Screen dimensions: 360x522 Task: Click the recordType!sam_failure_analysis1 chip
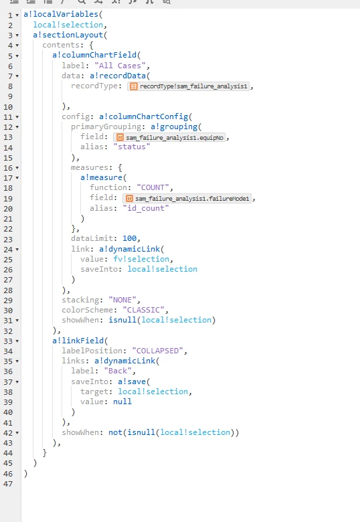[x=188, y=86]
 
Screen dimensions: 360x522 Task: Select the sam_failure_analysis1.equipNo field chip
[x=170, y=137]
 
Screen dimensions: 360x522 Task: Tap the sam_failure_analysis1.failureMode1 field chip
[x=187, y=199]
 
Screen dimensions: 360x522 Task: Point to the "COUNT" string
[x=153, y=187]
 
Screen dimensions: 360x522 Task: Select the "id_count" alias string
[x=146, y=208]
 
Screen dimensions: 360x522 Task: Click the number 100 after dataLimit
[x=129, y=238]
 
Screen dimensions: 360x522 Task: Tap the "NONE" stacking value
[x=122, y=300]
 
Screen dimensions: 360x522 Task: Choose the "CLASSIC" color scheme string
[x=143, y=310]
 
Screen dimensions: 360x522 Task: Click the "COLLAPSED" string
[x=157, y=351]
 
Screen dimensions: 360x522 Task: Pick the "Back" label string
[x=118, y=371]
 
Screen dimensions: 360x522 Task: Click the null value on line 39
[x=122, y=402]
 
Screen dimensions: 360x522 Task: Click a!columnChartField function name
[x=94, y=55]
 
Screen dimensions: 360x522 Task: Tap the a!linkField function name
[x=78, y=341]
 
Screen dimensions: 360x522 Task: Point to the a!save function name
[x=132, y=381]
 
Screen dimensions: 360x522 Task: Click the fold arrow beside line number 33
[x=17, y=341]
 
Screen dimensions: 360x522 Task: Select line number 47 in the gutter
[x=8, y=484]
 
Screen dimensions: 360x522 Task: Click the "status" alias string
[x=132, y=147]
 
